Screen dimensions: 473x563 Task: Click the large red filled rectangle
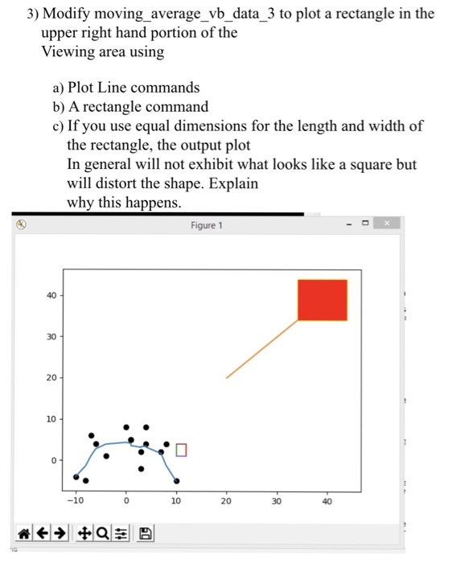(x=322, y=299)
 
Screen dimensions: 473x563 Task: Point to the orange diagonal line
(x=261, y=349)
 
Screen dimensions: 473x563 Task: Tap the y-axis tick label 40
(x=50, y=295)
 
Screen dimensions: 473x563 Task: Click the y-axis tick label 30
(x=50, y=336)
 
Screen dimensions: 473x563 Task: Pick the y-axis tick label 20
(x=50, y=378)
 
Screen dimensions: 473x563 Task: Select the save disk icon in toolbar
(x=145, y=532)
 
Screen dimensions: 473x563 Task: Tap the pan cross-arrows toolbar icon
(x=84, y=532)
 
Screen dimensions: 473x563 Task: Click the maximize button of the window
(x=366, y=223)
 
